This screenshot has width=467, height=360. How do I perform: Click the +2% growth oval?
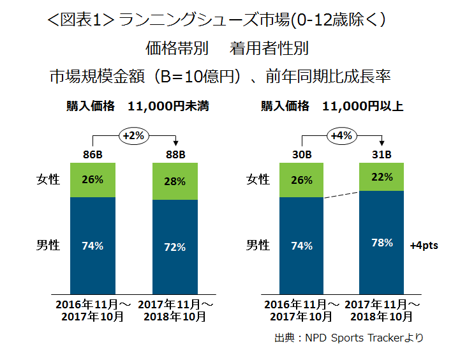[x=134, y=136]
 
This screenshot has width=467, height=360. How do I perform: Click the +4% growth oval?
[x=341, y=136]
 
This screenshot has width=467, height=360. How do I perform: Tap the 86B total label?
[x=93, y=154]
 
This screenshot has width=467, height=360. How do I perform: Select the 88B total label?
[x=175, y=154]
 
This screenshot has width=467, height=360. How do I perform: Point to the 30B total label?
[x=302, y=154]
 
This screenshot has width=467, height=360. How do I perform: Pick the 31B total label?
[x=382, y=154]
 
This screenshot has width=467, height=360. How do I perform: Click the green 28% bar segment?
[x=175, y=181]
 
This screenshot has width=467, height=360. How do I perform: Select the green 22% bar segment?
[x=382, y=177]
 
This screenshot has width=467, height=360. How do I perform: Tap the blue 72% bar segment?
[x=175, y=247]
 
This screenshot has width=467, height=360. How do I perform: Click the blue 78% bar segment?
[x=382, y=243]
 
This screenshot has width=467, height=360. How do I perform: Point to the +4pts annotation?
[x=424, y=246]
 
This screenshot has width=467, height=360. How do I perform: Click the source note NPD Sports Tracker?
[x=349, y=338]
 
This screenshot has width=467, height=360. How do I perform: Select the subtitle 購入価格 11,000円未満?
[x=138, y=106]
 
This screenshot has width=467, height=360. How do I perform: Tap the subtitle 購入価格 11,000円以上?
[x=332, y=106]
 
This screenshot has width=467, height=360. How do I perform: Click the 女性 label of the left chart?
[x=48, y=179]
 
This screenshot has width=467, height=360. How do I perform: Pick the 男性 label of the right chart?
[x=258, y=245]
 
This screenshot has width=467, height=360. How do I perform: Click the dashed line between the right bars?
[x=341, y=195]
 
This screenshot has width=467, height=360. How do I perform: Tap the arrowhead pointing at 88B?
[x=175, y=143]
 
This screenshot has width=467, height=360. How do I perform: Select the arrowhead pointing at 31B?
[x=382, y=143]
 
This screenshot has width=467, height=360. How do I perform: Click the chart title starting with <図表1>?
[x=216, y=20]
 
